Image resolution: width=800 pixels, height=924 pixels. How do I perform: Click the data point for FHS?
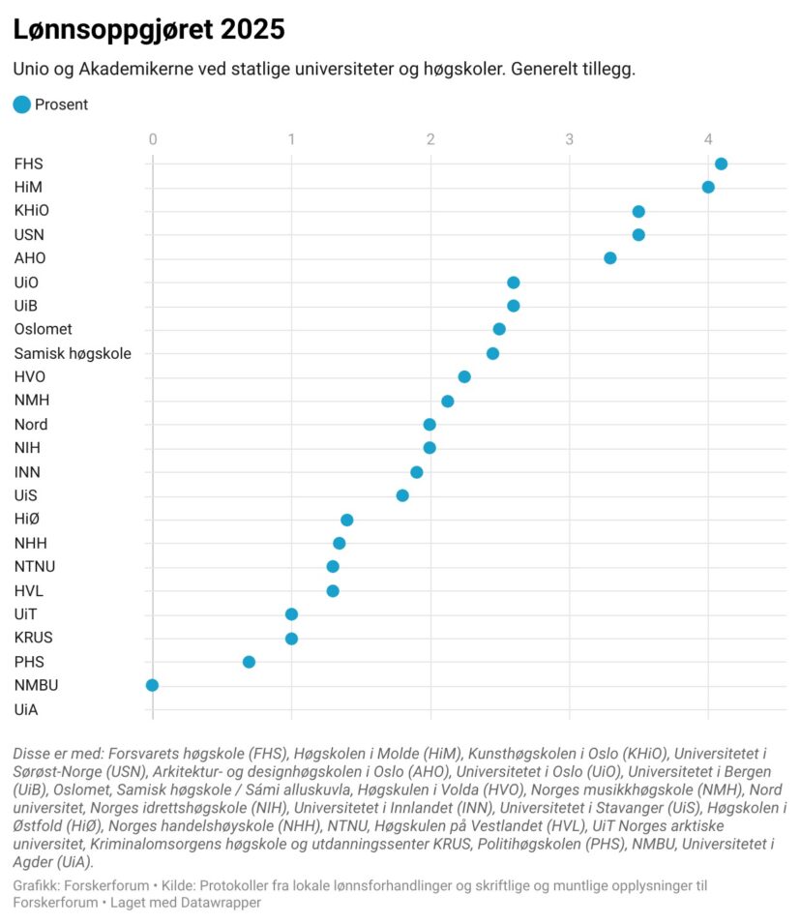(x=721, y=164)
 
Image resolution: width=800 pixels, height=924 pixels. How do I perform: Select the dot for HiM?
(x=708, y=187)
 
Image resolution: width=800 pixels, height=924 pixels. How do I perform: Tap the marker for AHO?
(x=610, y=258)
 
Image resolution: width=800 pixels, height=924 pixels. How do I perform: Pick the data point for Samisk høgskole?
(x=493, y=353)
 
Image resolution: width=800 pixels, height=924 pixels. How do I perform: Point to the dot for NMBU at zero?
(x=152, y=685)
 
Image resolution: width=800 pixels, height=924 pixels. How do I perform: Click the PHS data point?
(x=249, y=662)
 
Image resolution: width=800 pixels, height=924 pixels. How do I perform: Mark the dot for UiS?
(x=402, y=495)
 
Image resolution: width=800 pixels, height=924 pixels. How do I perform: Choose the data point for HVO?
(x=464, y=376)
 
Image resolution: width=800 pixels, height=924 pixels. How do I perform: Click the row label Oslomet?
(x=43, y=329)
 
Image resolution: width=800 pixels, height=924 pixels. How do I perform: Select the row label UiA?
(x=26, y=709)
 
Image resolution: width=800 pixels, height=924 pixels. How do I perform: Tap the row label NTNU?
(x=34, y=567)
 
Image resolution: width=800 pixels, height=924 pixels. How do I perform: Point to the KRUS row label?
(x=33, y=638)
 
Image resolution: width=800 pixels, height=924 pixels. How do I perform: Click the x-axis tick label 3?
(x=570, y=139)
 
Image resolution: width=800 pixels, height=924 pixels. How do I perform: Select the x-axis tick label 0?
(x=153, y=139)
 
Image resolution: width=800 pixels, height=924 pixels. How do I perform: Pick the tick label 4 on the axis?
(x=708, y=139)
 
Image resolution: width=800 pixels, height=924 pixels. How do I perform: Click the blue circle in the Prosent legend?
(x=21, y=104)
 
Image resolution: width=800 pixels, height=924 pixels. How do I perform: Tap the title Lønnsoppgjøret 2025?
(x=149, y=30)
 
